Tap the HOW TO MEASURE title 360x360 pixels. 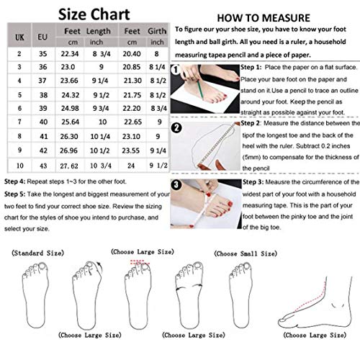coord(264,16)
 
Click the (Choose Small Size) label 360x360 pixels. coord(247,253)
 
